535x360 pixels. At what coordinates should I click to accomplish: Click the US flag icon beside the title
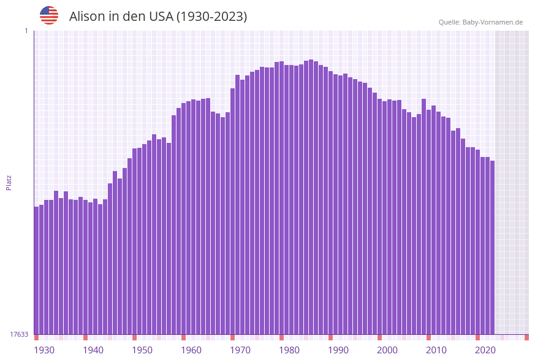pos(49,15)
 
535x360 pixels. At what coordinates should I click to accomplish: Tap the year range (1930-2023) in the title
pos(211,17)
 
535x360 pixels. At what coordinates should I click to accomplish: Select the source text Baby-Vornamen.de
pos(492,22)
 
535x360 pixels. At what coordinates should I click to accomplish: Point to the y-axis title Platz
pos(9,182)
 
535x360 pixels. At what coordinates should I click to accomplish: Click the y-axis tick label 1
pos(26,31)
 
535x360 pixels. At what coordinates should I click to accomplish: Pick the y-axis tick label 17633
pos(19,334)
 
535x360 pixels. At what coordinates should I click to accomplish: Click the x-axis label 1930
pos(44,350)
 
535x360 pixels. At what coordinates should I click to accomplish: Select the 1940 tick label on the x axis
pos(93,350)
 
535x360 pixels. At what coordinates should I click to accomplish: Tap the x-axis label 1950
pos(142,350)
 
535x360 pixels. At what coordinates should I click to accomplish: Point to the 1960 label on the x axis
pos(191,350)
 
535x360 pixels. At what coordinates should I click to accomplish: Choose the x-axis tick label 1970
pos(240,350)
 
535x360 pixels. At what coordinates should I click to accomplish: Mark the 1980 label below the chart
pos(289,350)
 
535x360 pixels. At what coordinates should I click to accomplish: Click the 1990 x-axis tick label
pos(338,350)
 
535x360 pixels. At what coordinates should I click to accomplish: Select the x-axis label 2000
pos(387,350)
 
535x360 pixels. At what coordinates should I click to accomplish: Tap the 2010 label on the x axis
pos(436,350)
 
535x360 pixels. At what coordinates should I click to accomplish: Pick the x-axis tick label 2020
pos(485,350)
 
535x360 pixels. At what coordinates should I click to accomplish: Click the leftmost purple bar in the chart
pos(36,270)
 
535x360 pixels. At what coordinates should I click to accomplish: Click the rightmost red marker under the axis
pos(526,337)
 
